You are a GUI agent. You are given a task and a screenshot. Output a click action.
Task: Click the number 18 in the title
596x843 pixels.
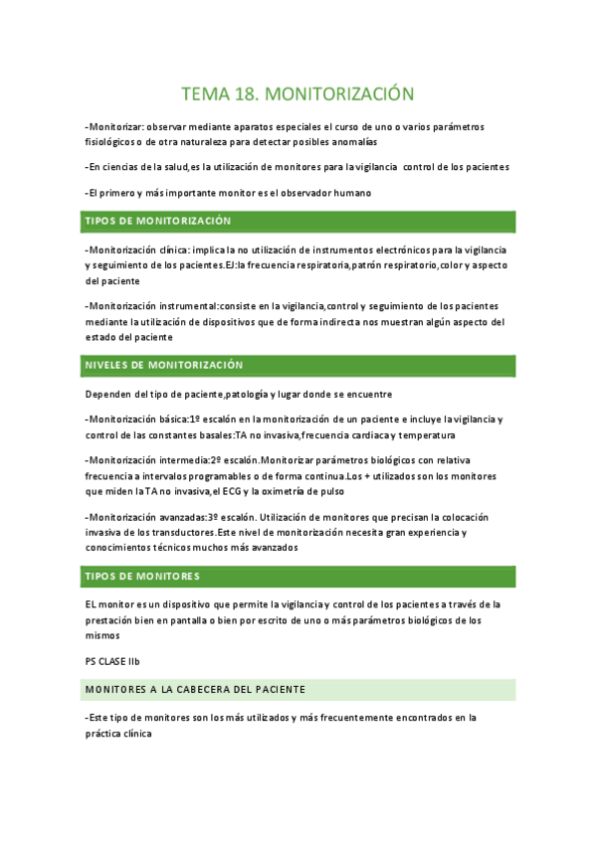(x=245, y=94)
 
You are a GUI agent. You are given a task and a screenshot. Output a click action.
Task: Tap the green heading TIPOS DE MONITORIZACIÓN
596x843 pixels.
(x=158, y=221)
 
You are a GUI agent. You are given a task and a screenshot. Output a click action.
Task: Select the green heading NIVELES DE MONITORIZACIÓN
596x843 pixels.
(x=164, y=366)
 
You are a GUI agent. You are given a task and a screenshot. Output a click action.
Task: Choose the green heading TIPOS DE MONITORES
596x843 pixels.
(x=142, y=577)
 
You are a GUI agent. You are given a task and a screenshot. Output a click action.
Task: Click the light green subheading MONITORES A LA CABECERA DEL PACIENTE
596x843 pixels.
(x=195, y=689)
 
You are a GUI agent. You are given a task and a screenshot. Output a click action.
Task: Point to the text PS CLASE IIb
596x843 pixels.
(x=112, y=661)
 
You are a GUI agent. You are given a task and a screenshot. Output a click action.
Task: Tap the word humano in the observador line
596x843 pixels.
(x=348, y=192)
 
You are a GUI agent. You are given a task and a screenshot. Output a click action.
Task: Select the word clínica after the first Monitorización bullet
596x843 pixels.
(x=173, y=250)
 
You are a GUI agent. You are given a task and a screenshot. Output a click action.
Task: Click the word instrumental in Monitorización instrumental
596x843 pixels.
(x=188, y=305)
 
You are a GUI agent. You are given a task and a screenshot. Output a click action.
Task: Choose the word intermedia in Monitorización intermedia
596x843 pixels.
(x=181, y=460)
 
